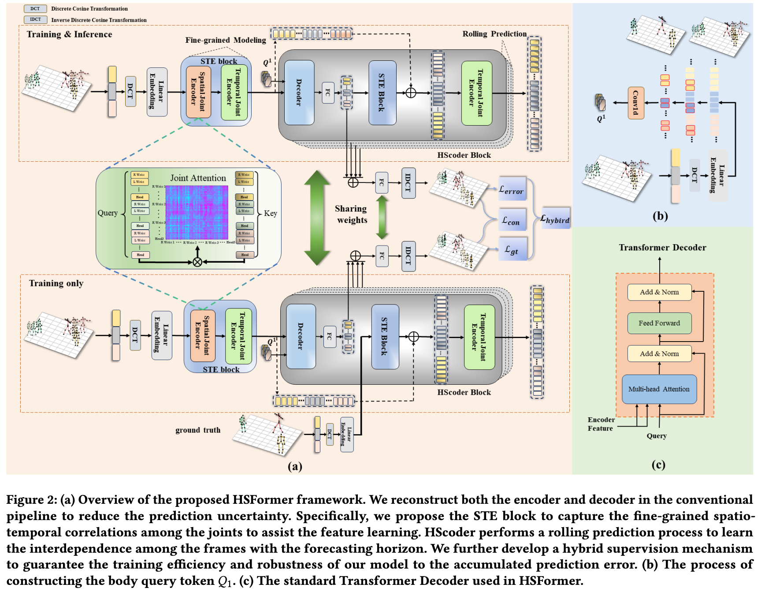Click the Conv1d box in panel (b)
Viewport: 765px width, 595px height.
point(635,103)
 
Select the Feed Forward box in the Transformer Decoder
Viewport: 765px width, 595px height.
point(659,323)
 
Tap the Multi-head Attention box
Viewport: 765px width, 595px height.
point(659,389)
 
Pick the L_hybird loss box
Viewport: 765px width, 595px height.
point(555,219)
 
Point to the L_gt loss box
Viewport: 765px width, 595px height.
point(512,250)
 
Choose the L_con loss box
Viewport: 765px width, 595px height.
point(512,220)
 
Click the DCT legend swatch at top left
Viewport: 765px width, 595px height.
point(35,8)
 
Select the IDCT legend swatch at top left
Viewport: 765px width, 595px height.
point(35,19)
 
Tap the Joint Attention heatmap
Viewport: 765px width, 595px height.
point(197,212)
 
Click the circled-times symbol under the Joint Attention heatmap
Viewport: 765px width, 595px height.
point(197,262)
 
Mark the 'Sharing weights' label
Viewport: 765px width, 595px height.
point(351,214)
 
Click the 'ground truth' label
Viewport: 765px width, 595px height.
point(198,430)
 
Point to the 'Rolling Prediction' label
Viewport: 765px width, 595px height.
point(494,34)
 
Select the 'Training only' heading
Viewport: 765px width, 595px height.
point(56,283)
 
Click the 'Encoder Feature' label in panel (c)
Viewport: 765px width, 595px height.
point(601,424)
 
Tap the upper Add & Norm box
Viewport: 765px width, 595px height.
point(659,292)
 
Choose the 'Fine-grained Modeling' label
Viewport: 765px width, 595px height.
point(226,40)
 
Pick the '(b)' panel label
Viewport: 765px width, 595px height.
point(660,216)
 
